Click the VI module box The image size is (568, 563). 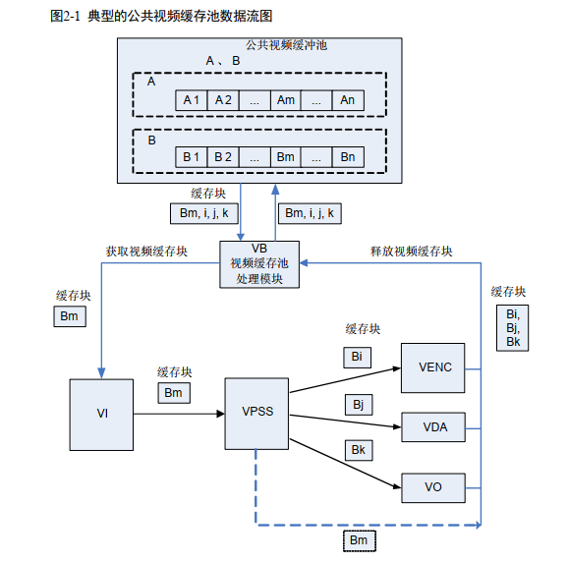101,413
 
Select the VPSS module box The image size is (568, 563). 257,412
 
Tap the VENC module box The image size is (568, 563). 434,368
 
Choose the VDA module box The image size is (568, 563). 434,427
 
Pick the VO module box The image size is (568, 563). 434,485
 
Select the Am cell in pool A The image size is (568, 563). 285,100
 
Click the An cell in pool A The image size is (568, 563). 347,100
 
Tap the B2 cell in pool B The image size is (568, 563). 223,157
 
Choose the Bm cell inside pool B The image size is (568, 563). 285,157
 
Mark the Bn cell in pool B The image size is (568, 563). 347,157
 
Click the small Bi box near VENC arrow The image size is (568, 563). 357,357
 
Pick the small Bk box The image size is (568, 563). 357,449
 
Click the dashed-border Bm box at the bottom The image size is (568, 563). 359,540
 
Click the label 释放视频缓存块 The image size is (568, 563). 411,251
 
